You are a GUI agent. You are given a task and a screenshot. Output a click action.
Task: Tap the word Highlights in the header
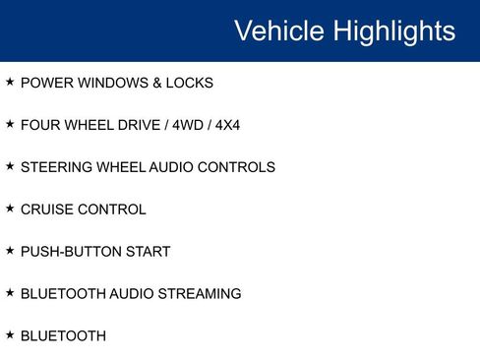pyautogui.click(x=392, y=30)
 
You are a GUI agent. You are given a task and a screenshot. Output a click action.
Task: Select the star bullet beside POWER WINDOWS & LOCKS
pyautogui.click(x=10, y=83)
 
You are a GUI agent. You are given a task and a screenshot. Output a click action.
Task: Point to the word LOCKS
pyautogui.click(x=190, y=84)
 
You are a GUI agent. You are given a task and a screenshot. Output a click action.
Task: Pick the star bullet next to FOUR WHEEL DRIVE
pyautogui.click(x=10, y=125)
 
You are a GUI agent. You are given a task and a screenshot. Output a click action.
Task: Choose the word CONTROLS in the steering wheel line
pyautogui.click(x=236, y=167)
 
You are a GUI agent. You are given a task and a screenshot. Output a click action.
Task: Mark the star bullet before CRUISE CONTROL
pyautogui.click(x=10, y=209)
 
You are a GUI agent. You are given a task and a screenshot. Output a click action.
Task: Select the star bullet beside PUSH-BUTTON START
pyautogui.click(x=10, y=251)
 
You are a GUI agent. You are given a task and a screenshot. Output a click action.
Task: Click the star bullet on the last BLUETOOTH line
pyautogui.click(x=10, y=335)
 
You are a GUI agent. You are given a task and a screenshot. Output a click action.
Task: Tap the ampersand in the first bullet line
pyautogui.click(x=157, y=84)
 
